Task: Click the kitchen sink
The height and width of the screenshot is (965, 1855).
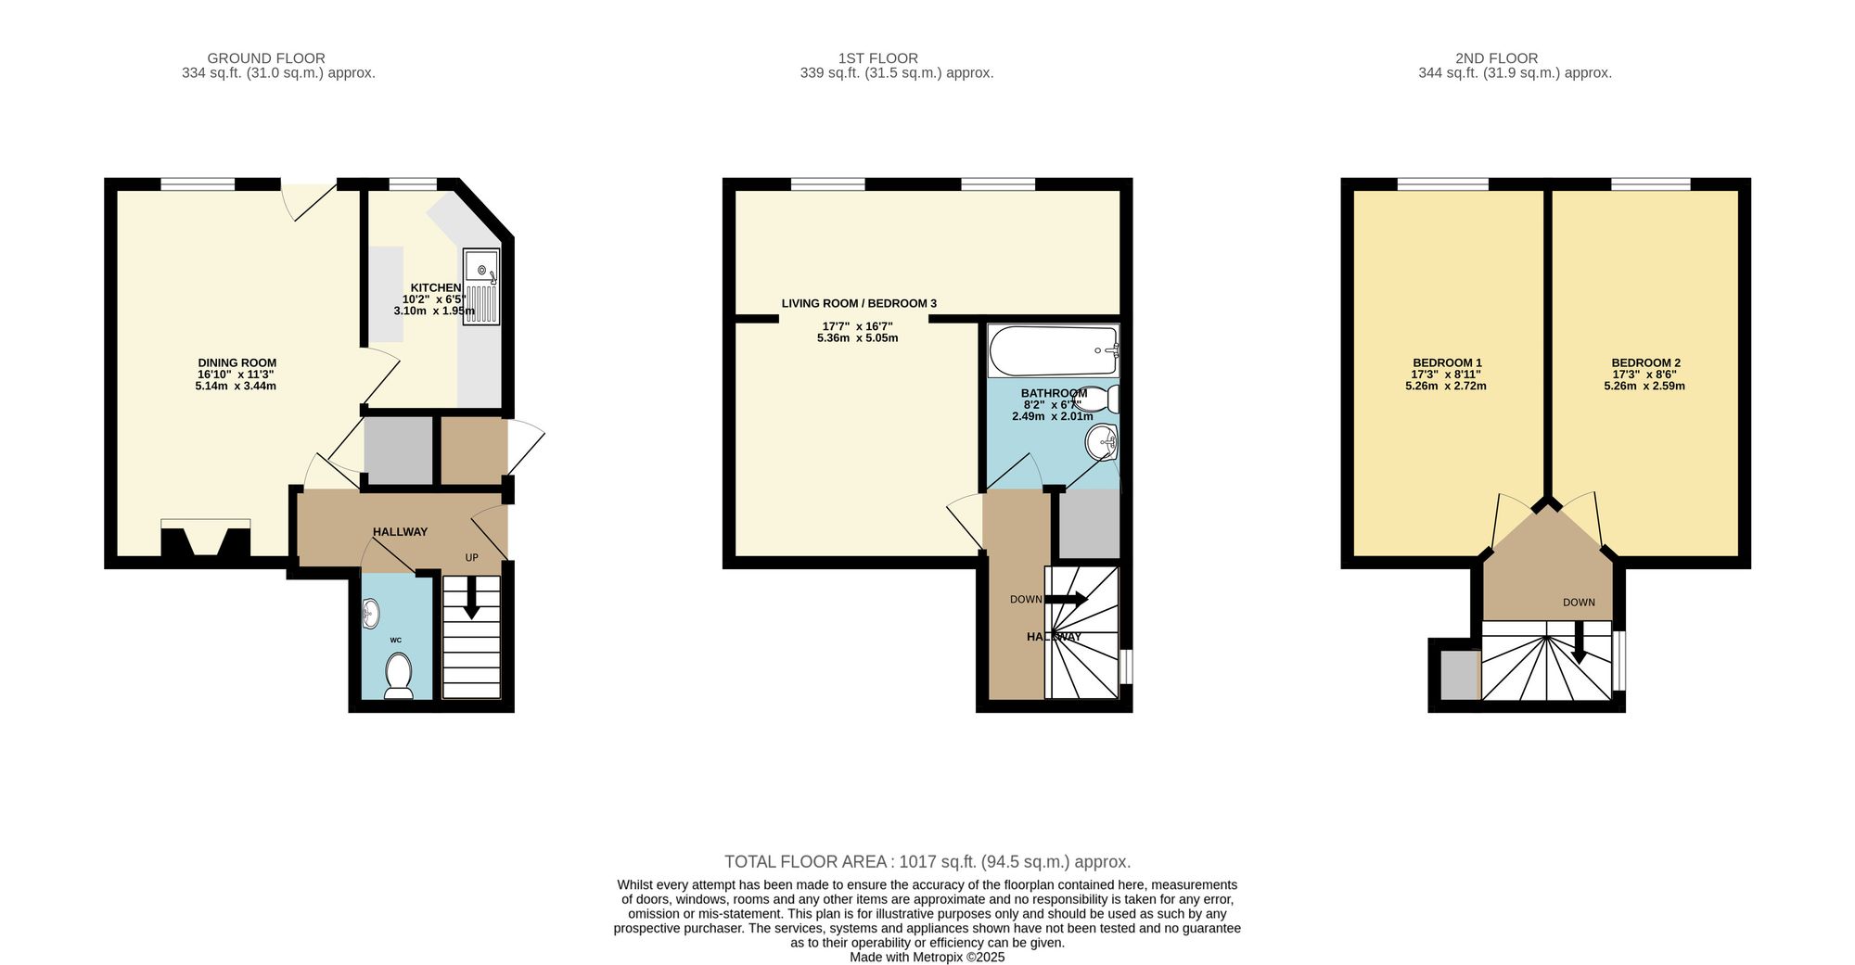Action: (x=482, y=287)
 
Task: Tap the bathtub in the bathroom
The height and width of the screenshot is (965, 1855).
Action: (x=1054, y=351)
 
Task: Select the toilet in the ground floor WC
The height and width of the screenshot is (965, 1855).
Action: (x=399, y=676)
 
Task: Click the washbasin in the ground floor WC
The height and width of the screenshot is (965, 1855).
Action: (x=371, y=612)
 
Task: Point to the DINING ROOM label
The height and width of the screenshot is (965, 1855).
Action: (x=237, y=363)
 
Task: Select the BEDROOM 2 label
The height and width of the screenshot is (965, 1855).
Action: (x=1645, y=363)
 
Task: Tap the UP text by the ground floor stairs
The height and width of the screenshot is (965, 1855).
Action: (x=472, y=558)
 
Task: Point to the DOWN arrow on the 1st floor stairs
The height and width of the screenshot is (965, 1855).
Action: (x=1067, y=599)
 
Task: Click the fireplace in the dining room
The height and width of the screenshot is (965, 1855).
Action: (x=206, y=540)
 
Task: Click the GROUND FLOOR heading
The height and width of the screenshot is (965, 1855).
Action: (x=266, y=58)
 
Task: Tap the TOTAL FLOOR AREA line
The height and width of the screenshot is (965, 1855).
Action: (x=927, y=862)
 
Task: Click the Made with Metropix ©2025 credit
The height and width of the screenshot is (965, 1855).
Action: (x=927, y=958)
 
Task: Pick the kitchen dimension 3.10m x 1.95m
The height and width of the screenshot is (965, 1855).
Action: (x=434, y=311)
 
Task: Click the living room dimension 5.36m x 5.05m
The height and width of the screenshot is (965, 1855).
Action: (x=857, y=338)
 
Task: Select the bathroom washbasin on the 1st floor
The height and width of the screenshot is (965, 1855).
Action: (x=1102, y=442)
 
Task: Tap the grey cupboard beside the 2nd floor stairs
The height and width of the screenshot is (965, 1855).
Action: (x=1459, y=675)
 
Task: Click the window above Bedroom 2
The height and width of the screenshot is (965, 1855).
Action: (x=1650, y=184)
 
